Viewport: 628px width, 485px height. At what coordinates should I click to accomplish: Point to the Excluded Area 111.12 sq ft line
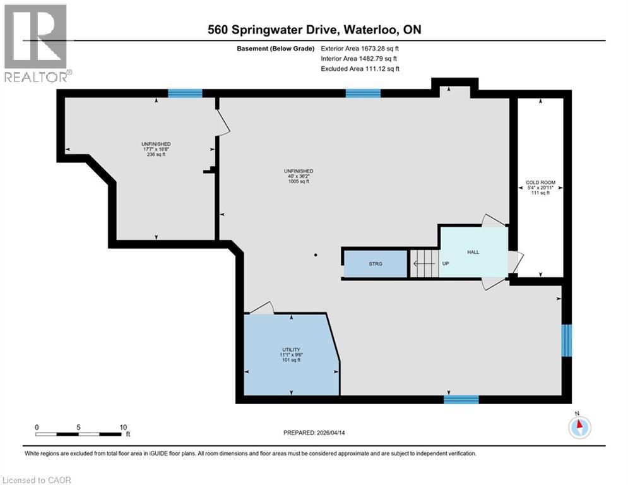(360, 69)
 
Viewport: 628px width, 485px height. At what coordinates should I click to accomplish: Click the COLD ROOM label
(540, 183)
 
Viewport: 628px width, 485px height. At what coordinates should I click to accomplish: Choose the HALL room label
(473, 252)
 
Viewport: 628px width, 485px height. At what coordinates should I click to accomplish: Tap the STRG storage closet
(376, 263)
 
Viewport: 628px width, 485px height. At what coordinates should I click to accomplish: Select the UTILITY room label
(290, 349)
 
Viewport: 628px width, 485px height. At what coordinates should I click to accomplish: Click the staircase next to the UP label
(423, 263)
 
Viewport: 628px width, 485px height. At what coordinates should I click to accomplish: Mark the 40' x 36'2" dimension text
(299, 176)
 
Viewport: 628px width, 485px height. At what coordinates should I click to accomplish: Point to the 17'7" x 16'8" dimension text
(156, 149)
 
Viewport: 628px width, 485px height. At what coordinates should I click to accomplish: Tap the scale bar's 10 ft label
(122, 427)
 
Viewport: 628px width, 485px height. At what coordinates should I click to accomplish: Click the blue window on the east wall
(566, 340)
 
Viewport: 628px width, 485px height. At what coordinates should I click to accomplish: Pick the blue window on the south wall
(461, 399)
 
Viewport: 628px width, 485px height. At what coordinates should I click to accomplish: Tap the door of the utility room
(261, 308)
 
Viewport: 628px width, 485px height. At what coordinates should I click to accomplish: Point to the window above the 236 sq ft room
(185, 93)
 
